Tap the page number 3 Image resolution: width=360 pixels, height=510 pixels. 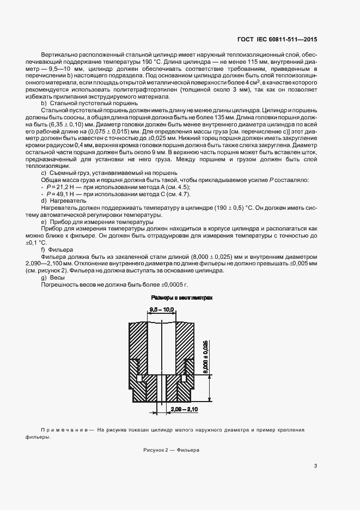315,465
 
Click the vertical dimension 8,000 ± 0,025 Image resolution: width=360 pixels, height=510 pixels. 206,355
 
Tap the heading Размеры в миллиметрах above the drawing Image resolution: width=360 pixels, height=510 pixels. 181,297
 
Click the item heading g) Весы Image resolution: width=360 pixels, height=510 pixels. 53,277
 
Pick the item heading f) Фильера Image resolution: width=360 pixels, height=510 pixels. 57,249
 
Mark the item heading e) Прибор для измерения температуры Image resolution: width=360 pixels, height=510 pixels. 93,221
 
